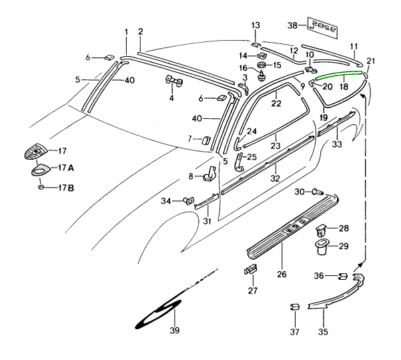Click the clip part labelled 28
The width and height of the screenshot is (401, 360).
tap(321, 231)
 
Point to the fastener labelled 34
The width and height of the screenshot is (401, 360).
tap(188, 198)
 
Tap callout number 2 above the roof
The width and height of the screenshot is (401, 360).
tap(141, 31)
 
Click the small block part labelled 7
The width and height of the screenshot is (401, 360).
tap(207, 139)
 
